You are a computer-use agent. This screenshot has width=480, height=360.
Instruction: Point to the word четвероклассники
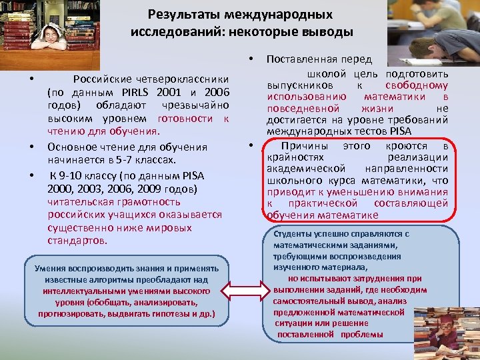[151, 79]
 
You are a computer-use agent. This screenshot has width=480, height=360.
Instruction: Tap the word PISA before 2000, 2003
[209, 175]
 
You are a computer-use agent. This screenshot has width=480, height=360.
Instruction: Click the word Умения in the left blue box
[49, 268]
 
